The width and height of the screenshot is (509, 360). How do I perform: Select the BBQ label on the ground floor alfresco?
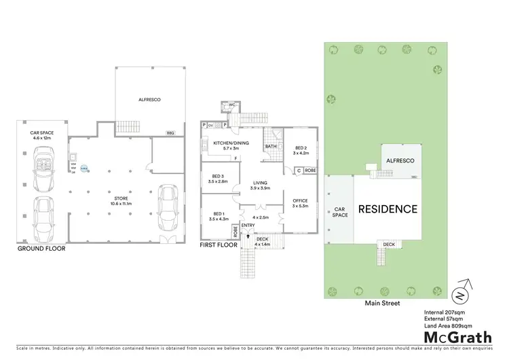point(170,133)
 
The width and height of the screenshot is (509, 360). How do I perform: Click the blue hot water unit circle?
point(83,169)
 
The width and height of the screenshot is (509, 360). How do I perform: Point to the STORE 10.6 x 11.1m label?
point(121,201)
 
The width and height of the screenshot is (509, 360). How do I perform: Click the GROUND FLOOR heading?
point(41,249)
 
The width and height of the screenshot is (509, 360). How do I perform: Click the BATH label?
point(270,146)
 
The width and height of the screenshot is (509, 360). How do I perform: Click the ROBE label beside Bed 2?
point(309,170)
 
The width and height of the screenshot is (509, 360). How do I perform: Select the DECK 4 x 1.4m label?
point(262,241)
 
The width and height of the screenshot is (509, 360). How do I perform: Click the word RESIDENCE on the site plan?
point(387,209)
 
